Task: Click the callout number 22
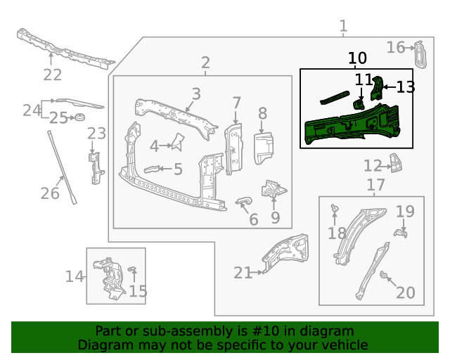53,75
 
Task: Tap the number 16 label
396,47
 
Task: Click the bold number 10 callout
357,58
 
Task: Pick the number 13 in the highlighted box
406,87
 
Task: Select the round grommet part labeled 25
79,115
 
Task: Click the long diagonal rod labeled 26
62,167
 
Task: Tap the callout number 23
96,134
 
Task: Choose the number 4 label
154,146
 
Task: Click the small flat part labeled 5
153,169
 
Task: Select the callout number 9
275,218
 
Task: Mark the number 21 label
243,273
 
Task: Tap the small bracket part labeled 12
397,165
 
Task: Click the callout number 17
376,185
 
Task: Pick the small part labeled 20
384,275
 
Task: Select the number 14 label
75,276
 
